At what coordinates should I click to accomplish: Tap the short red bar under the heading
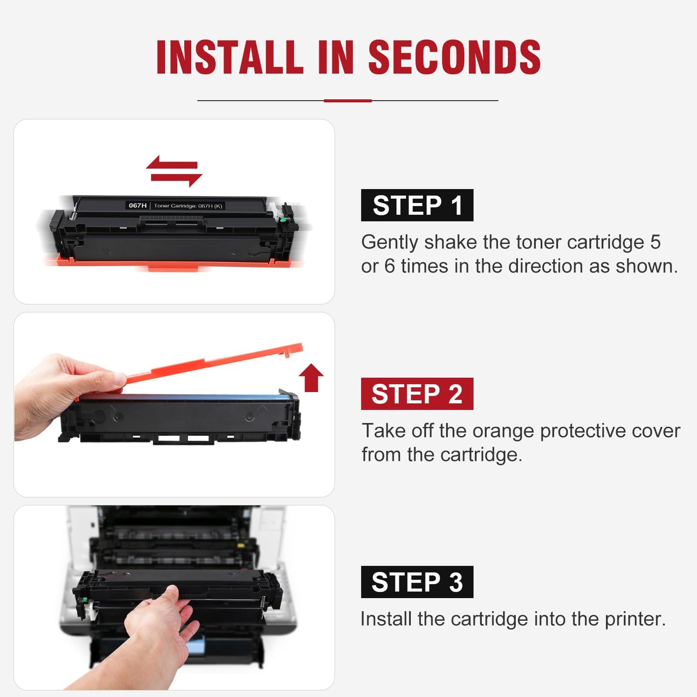(347, 101)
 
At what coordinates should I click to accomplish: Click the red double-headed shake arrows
(174, 171)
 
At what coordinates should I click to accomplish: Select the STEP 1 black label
(417, 205)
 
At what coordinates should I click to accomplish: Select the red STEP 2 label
(417, 394)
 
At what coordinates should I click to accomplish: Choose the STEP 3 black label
(417, 582)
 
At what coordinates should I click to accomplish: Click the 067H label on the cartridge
(137, 205)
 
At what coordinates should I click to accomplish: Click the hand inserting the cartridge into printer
(159, 632)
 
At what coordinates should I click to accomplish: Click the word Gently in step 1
(389, 243)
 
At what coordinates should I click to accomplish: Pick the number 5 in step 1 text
(655, 242)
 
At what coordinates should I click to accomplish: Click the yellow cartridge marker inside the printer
(241, 546)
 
